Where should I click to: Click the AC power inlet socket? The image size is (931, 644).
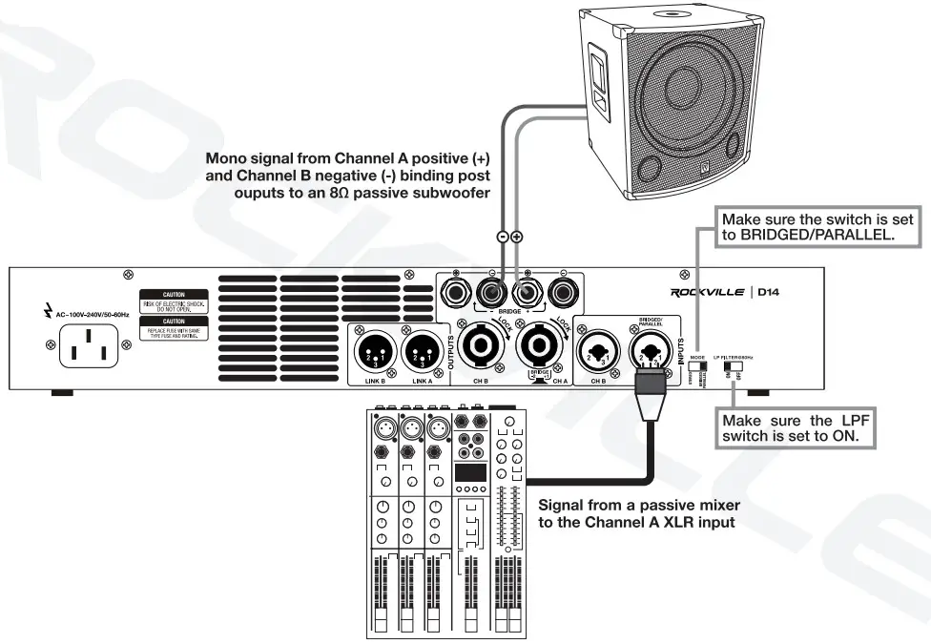pos(89,344)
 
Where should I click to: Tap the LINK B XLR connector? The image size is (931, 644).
pos(374,356)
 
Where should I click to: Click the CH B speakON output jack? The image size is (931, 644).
pos(481,348)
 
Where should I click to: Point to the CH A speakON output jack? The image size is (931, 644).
pos(539,349)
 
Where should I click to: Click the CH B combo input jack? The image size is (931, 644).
pos(599,351)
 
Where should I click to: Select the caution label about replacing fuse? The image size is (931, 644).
pos(174,329)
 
